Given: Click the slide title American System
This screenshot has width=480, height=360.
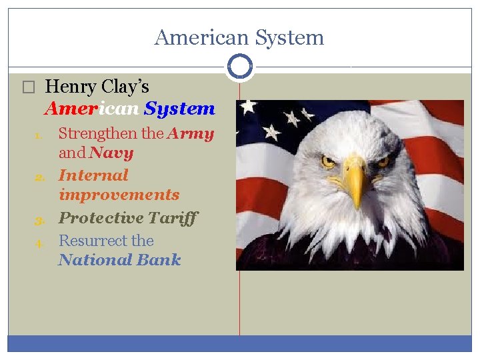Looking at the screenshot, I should tap(239, 37).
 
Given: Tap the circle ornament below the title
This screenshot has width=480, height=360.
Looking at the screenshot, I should tap(239, 67).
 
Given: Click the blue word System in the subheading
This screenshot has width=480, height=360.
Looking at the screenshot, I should tap(179, 109).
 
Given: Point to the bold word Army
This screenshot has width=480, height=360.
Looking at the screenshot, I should tap(191, 133).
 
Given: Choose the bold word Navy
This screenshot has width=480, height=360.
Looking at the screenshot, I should tap(111, 153).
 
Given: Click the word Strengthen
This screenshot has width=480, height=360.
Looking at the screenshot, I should tap(98, 133).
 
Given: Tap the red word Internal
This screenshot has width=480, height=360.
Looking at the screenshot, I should tap(93, 175).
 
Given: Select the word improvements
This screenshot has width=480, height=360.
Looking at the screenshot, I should tap(119, 195).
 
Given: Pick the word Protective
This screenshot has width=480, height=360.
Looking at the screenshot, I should tap(101, 218).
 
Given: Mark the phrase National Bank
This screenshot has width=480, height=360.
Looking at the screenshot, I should tap(119, 260).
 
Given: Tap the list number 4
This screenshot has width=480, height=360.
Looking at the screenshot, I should tap(39, 243).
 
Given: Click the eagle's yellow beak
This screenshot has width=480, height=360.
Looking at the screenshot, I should tap(355, 183).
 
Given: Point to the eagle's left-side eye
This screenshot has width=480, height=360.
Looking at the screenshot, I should tap(329, 161).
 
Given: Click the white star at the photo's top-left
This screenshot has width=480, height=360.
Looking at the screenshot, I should tap(249, 107).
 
